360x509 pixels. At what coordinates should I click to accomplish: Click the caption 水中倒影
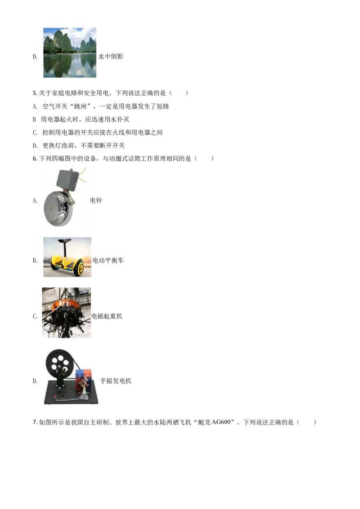[x=111, y=56]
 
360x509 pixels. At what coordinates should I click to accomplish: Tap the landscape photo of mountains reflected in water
[x=70, y=53]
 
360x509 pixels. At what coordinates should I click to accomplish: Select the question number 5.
[x=35, y=93]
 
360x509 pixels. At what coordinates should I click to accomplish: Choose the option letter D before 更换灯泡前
[x=35, y=146]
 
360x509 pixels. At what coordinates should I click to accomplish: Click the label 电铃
[x=96, y=200]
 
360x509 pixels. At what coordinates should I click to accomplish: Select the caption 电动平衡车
[x=108, y=260]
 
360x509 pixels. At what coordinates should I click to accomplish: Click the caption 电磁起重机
[x=107, y=316]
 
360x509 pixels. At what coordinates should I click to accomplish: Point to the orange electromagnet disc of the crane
[x=66, y=305]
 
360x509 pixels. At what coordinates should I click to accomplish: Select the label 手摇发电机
[x=116, y=381]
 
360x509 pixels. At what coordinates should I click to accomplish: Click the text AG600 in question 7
[x=221, y=422]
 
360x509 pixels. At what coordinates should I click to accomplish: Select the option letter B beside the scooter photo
[x=35, y=260]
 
